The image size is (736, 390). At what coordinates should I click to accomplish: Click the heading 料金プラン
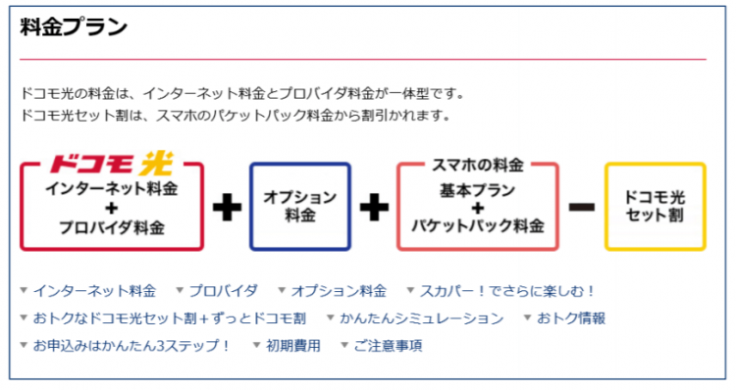click(x=74, y=27)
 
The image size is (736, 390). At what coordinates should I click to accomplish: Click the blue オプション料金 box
click(x=299, y=206)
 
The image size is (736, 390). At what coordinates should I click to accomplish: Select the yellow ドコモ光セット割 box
click(x=655, y=206)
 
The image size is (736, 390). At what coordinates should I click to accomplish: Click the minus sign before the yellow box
click(x=582, y=208)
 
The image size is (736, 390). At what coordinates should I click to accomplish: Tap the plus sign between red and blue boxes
click(x=227, y=208)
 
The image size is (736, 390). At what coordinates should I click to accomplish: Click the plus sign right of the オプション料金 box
click(x=373, y=208)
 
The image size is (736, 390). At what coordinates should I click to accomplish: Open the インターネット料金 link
click(x=94, y=291)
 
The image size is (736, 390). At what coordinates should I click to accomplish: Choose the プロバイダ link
click(x=223, y=291)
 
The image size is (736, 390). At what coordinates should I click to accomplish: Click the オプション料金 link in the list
click(x=339, y=291)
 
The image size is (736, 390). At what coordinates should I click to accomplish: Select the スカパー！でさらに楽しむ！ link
click(x=507, y=291)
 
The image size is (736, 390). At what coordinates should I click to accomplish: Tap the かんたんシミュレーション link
click(x=421, y=318)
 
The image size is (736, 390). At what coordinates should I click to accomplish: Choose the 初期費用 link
click(x=292, y=346)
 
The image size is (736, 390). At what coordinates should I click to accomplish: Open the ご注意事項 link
click(x=387, y=346)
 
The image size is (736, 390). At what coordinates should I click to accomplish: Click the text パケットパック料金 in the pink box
click(x=478, y=225)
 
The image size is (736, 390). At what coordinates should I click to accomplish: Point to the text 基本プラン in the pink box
click(x=478, y=189)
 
